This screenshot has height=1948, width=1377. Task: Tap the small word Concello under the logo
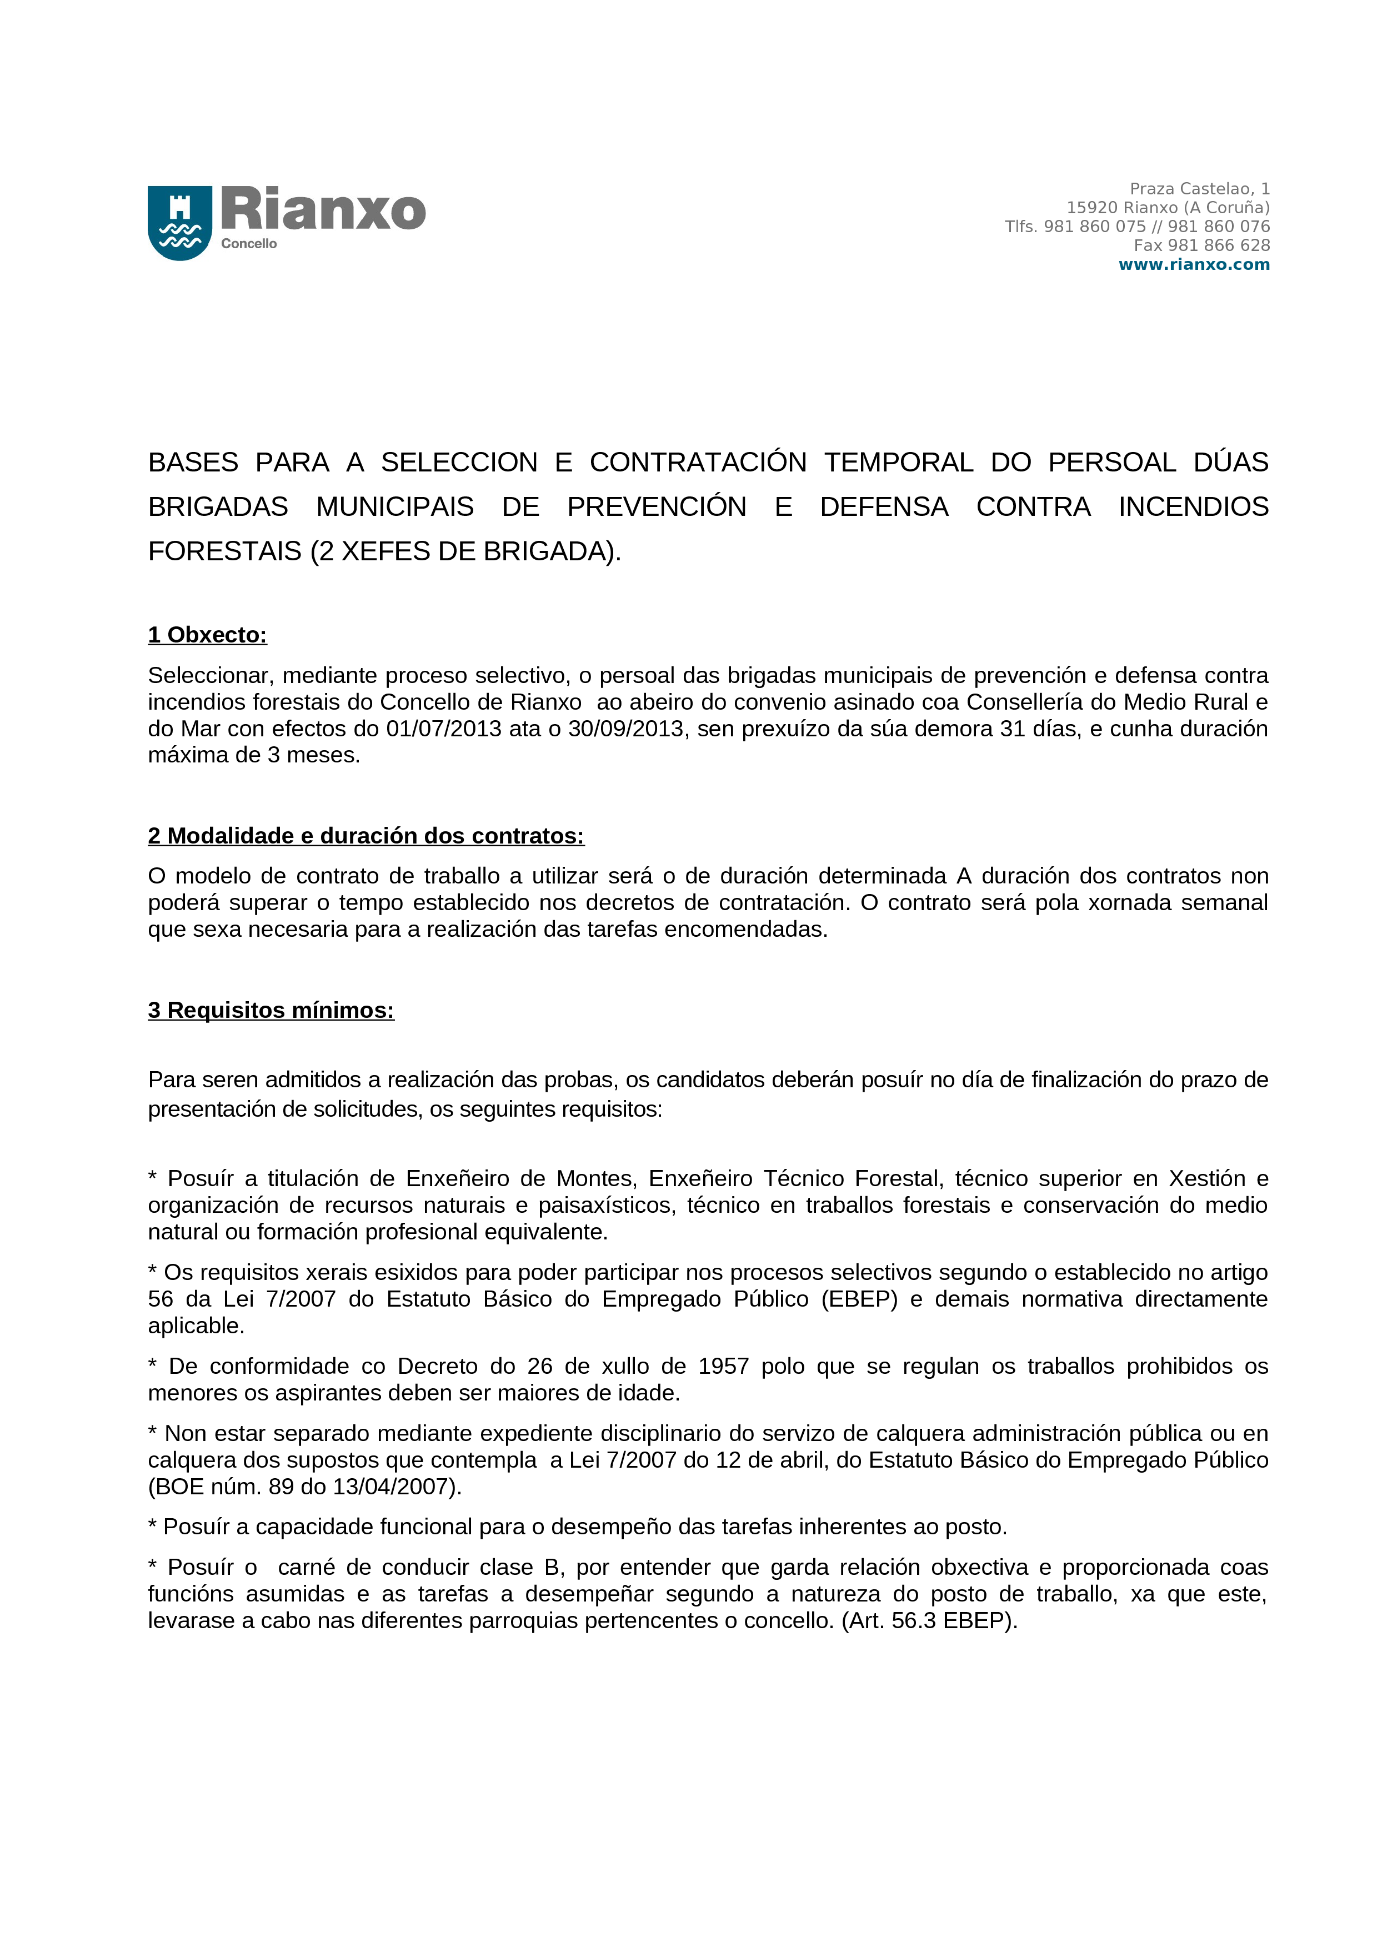[249, 243]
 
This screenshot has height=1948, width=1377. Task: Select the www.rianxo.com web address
[1194, 265]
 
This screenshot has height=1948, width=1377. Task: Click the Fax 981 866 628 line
[1201, 245]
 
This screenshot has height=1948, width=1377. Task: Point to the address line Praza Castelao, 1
[1199, 188]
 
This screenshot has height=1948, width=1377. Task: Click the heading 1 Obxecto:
[207, 635]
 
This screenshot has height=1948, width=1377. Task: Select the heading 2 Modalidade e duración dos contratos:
[365, 836]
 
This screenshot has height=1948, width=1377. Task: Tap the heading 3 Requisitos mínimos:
[271, 1011]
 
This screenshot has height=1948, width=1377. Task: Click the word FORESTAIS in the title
[225, 551]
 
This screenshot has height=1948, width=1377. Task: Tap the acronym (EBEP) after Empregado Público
[859, 1299]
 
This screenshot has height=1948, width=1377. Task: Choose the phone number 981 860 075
[1094, 227]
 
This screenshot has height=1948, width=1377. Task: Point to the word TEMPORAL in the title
[899, 463]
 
